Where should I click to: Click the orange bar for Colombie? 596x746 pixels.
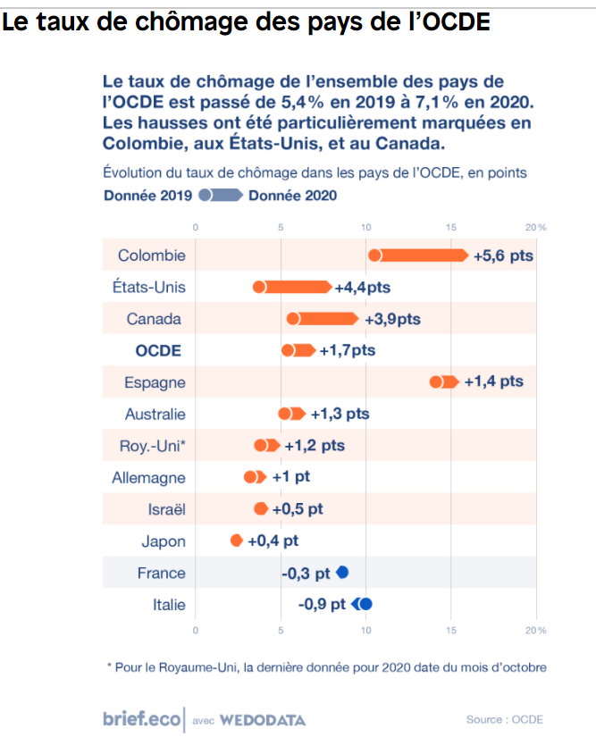[418, 256]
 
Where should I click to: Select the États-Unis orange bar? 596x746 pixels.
[292, 287]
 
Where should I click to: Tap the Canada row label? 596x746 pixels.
[154, 319]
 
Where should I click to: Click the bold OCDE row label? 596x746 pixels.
[158, 350]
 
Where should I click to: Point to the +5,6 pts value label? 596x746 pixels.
[503, 256]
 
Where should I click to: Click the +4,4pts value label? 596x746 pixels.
[363, 288]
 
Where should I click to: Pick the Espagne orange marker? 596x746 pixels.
[444, 382]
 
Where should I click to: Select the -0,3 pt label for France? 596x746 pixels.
[306, 573]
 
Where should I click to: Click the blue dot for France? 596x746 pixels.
[342, 573]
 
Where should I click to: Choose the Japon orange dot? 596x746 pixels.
[236, 541]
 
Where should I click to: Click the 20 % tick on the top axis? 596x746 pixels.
[536, 228]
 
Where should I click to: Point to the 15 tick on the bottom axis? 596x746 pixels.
[451, 632]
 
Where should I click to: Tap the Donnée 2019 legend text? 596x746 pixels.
[148, 196]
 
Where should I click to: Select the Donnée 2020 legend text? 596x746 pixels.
[292, 196]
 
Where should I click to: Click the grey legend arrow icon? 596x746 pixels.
[221, 196]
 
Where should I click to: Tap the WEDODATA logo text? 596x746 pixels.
[263, 719]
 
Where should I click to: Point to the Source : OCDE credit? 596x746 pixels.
[504, 719]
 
